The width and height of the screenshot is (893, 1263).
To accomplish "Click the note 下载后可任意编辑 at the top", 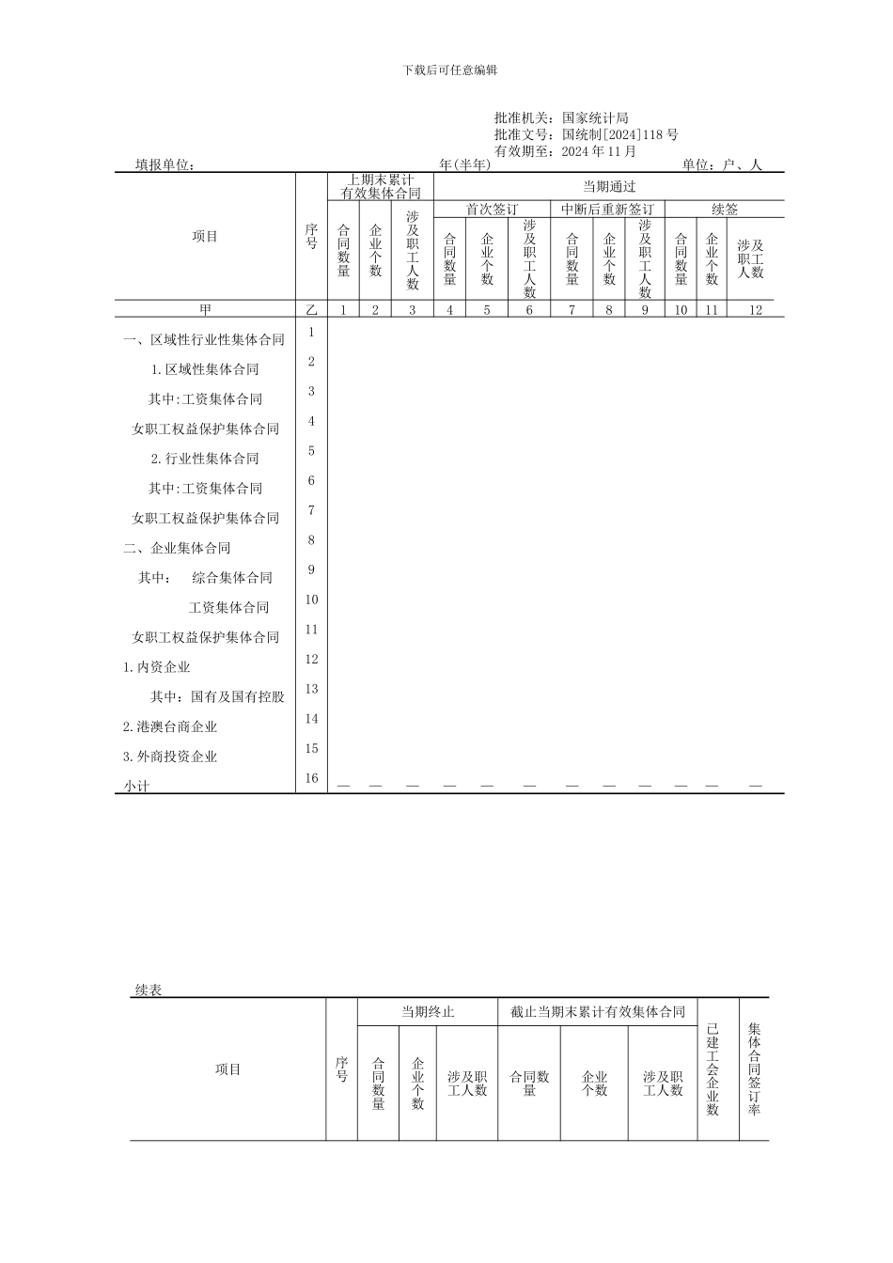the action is (x=449, y=70).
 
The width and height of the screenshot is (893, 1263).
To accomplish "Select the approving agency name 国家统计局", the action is (x=595, y=118).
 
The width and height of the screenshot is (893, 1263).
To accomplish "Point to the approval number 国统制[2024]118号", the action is (x=619, y=134).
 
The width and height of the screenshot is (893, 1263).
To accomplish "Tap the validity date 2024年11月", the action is (x=599, y=150).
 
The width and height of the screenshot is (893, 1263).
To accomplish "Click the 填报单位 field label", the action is (x=164, y=165).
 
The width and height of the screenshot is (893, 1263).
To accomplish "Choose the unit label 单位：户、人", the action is (x=722, y=165).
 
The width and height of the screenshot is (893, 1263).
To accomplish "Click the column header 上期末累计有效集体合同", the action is (x=380, y=186).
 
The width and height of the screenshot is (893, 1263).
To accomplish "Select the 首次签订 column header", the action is (x=492, y=209).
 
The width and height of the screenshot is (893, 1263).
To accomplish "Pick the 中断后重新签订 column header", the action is (x=607, y=209).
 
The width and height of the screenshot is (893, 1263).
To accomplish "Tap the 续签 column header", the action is (x=725, y=209).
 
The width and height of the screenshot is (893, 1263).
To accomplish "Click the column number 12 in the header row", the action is (x=756, y=310).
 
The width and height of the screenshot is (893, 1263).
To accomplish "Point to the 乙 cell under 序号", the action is (x=311, y=310).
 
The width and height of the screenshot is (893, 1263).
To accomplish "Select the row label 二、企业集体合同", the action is (x=177, y=548).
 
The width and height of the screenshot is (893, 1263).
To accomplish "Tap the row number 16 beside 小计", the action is (x=311, y=778).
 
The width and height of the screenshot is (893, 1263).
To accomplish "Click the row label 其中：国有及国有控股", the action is (x=217, y=697).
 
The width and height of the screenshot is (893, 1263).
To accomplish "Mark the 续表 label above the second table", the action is (x=149, y=990).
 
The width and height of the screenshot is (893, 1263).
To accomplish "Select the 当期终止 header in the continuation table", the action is (x=428, y=1012).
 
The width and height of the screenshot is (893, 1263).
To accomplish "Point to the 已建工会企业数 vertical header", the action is (x=713, y=1069).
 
